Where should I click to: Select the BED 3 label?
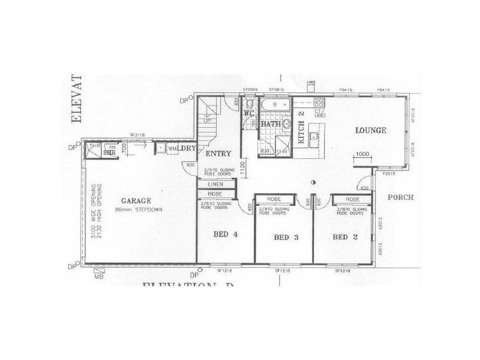click(286, 238)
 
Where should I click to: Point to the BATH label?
click(270, 125)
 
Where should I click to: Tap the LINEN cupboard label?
click(215, 184)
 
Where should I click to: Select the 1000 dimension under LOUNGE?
click(362, 154)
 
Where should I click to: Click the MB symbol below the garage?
click(98, 278)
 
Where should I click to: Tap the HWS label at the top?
click(311, 82)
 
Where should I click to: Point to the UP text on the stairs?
click(208, 121)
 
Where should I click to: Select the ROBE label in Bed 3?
click(274, 198)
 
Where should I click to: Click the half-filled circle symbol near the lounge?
click(313, 182)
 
